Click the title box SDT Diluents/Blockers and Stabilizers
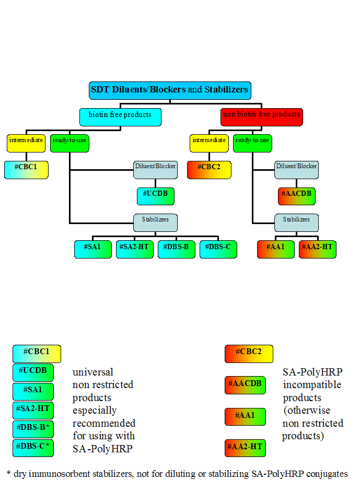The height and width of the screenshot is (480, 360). coord(170,90)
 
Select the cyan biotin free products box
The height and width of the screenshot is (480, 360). coord(120,116)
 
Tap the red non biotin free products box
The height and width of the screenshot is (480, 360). coord(262,116)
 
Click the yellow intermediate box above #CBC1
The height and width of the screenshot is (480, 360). coord(26,143)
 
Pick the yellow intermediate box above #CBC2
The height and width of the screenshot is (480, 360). coord(209,143)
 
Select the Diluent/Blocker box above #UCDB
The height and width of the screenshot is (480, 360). coord(155,169)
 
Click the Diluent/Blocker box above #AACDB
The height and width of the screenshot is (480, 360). coord(296,169)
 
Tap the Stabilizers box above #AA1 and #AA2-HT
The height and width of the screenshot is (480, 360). coord(296,222)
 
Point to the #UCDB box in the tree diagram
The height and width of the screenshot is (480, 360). coord(155,196)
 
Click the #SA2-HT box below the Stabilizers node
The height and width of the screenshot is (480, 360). coord(135,249)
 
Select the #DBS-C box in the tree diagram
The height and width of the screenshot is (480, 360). coord(218,249)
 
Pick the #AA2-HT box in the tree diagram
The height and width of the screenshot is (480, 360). coord(317,249)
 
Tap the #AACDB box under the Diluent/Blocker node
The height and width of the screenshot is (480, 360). coord(296,196)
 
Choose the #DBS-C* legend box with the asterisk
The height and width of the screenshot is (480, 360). coord(33,448)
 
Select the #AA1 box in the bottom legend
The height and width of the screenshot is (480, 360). coord(246,416)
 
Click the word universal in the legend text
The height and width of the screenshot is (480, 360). coord(93,372)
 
